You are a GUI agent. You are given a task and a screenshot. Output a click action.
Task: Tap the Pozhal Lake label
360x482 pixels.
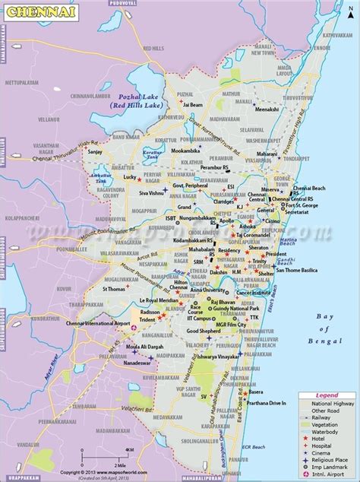142,97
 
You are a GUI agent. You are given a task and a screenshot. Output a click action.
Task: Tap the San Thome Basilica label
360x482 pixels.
297,271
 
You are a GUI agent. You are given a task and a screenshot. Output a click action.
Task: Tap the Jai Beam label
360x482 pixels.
190,105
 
